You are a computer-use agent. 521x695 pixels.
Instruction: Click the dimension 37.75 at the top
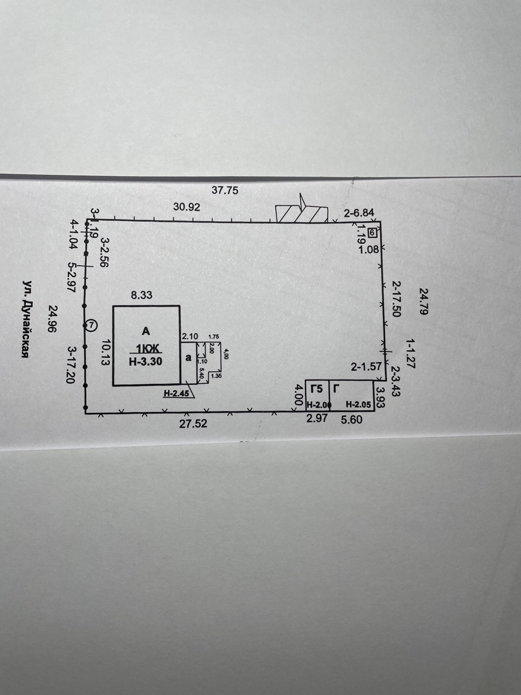(x=225, y=190)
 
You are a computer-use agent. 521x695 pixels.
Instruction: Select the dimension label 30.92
(x=187, y=207)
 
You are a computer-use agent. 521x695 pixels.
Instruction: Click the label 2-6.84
(x=359, y=213)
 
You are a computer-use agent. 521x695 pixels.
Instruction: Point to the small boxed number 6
(x=372, y=233)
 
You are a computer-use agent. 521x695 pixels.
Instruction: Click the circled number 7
(x=91, y=325)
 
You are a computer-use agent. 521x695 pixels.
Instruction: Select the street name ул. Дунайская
(x=25, y=320)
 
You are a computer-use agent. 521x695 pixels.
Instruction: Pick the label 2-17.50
(x=396, y=299)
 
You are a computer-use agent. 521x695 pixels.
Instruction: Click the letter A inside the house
(x=145, y=331)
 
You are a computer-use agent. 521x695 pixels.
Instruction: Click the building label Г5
(x=316, y=389)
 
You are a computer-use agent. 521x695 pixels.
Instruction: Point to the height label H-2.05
(x=358, y=405)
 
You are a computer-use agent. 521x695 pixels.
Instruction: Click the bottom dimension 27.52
(x=193, y=424)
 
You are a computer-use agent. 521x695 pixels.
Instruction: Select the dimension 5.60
(x=351, y=419)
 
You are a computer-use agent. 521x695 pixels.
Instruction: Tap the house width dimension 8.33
(x=142, y=296)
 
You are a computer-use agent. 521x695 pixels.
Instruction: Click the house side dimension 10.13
(x=106, y=352)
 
